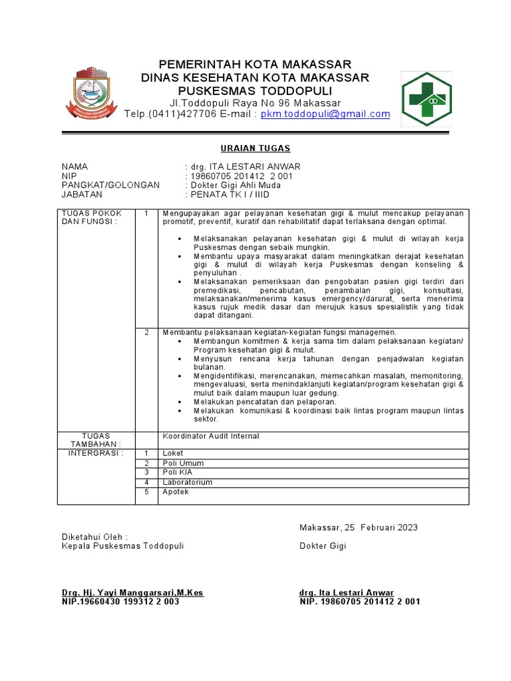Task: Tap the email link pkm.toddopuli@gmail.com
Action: click(325, 114)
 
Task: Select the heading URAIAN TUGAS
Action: click(255, 148)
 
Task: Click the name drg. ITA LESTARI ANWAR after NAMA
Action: click(244, 166)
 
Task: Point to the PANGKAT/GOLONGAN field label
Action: click(110, 185)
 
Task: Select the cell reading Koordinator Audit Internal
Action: click(211, 436)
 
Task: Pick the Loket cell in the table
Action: click(173, 454)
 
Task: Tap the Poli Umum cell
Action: click(183, 463)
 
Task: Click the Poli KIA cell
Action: click(178, 472)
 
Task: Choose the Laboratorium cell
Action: click(188, 482)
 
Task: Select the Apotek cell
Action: click(176, 491)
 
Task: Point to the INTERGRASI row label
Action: click(96, 453)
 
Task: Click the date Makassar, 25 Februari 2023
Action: click(358, 527)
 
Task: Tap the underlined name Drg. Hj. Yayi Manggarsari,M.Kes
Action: click(132, 593)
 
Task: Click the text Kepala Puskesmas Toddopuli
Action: click(122, 546)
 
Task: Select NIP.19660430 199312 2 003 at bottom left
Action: click(120, 601)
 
